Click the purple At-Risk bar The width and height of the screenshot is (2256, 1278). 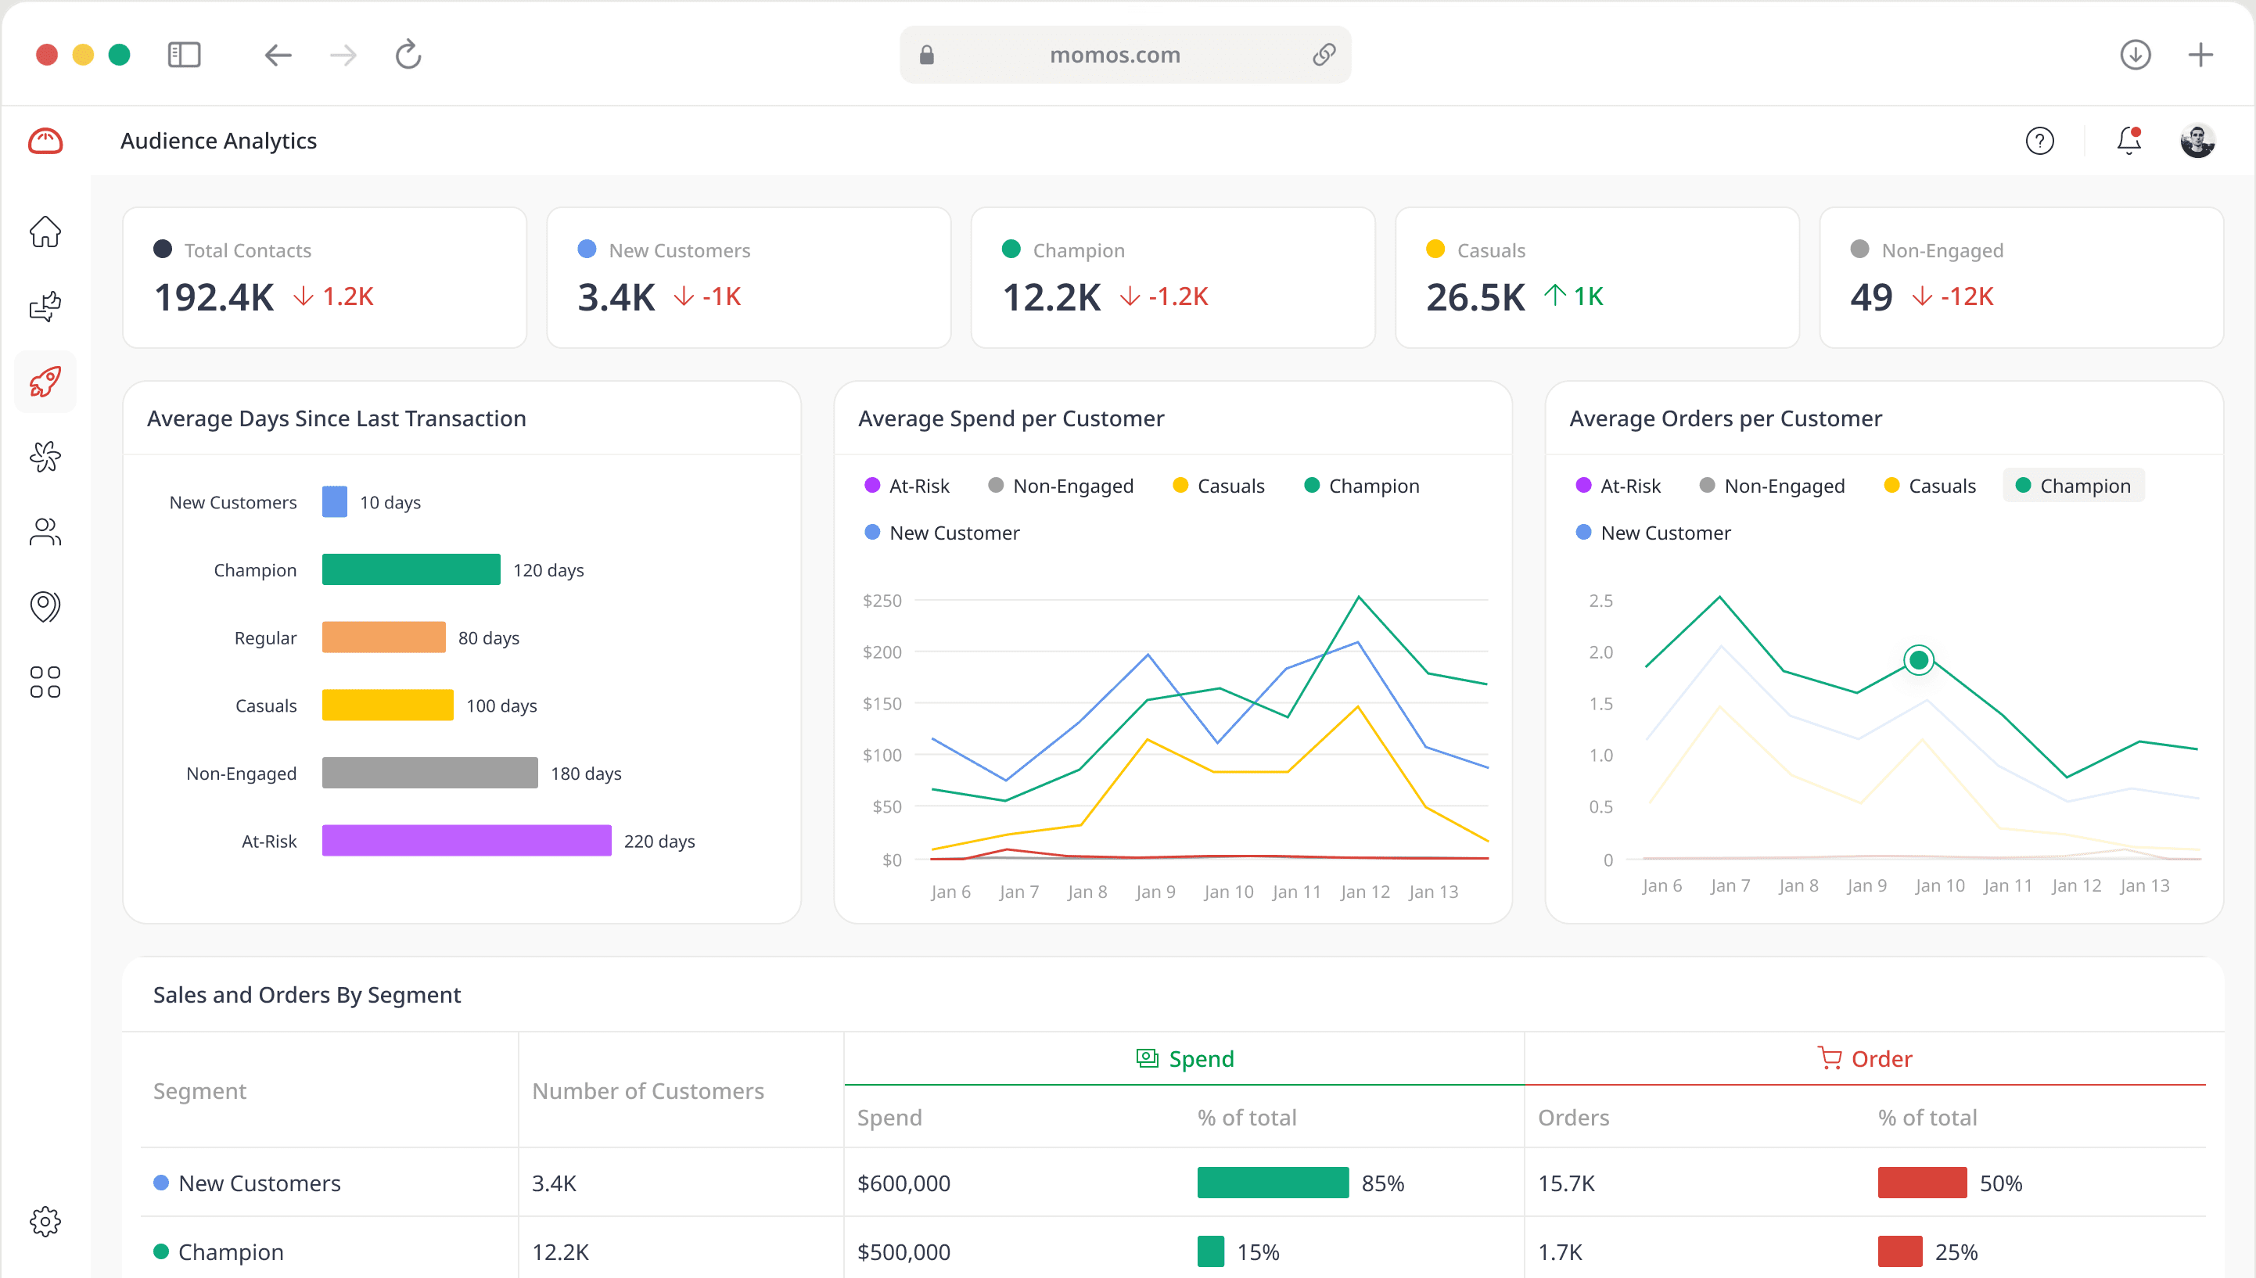click(466, 840)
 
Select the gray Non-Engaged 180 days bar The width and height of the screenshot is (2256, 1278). click(429, 773)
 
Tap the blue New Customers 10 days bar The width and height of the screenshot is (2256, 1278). click(335, 501)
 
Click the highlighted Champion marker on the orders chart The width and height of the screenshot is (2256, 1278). click(1918, 659)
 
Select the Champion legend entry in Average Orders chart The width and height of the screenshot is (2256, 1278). click(2074, 486)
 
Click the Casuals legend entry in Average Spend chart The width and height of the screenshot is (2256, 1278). click(1219, 486)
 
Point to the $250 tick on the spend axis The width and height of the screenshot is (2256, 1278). click(882, 601)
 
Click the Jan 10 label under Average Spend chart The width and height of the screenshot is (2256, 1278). click(1228, 891)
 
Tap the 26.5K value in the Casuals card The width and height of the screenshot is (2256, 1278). click(1475, 296)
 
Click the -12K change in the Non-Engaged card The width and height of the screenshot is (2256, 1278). click(1967, 296)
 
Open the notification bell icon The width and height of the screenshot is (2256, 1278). click(2128, 141)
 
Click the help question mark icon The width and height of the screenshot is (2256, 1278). click(2039, 141)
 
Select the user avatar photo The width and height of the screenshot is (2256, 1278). click(2197, 141)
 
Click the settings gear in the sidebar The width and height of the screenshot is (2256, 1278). click(45, 1221)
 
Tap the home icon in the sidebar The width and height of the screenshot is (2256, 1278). click(45, 232)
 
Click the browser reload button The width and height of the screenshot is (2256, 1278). click(408, 55)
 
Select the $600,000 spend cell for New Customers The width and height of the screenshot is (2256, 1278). click(903, 1183)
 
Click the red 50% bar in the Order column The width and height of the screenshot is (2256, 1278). click(1921, 1183)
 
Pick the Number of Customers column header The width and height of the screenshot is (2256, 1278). click(647, 1090)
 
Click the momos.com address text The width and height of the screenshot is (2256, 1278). click(1114, 55)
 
